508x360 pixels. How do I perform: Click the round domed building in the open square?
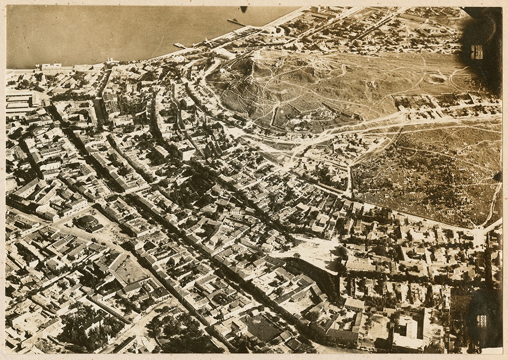tap(87, 222)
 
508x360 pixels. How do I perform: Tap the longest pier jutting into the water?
tap(236, 22)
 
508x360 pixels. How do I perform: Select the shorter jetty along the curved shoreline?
tap(180, 46)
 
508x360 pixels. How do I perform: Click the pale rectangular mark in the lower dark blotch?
tap(481, 321)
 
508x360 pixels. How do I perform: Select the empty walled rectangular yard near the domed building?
tap(130, 269)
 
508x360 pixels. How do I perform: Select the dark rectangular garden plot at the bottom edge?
tap(262, 328)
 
